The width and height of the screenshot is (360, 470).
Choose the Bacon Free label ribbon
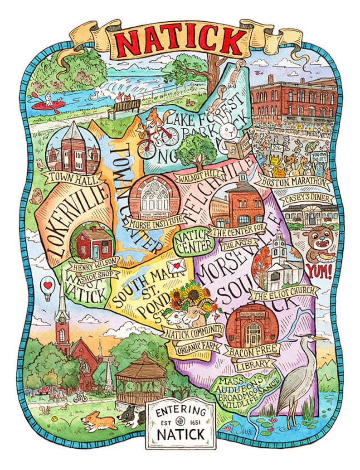click(252, 349)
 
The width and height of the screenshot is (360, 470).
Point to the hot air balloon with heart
click(47, 286)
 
